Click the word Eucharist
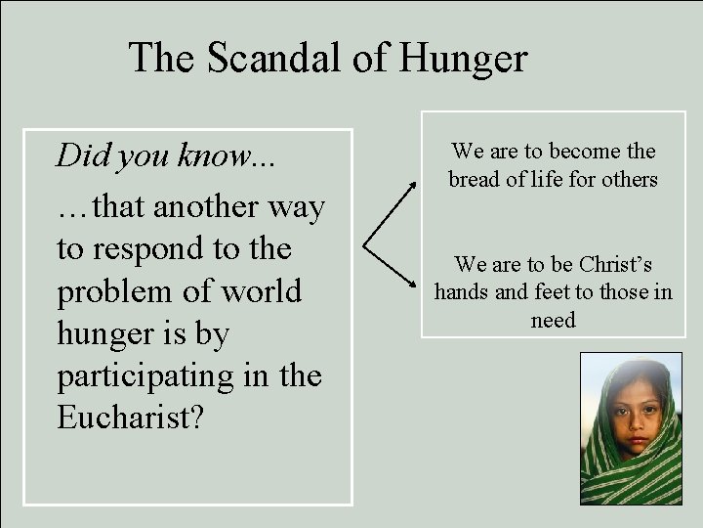pyautogui.click(x=129, y=418)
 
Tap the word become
pyautogui.click(x=587, y=152)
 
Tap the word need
pyautogui.click(x=553, y=319)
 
